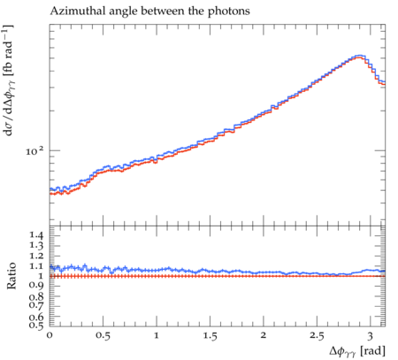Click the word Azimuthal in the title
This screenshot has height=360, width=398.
point(73,11)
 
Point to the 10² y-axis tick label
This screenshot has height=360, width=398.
point(34,151)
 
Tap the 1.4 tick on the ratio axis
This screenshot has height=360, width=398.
point(36,235)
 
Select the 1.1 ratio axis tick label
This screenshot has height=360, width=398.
point(36,266)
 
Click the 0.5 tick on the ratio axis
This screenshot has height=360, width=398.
point(36,325)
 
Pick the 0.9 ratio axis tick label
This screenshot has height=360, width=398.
point(36,285)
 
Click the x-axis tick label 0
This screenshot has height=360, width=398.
point(50,335)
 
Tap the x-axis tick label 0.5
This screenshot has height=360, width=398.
point(103,335)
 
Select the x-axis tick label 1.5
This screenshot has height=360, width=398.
point(210,335)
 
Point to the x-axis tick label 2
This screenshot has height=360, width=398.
point(264,335)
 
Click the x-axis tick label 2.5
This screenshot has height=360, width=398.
point(317,335)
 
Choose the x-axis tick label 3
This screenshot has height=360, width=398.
point(371,336)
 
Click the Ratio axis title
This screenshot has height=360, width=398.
point(11,275)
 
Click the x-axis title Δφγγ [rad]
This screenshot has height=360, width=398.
point(357,351)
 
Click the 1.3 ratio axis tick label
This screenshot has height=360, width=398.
point(36,245)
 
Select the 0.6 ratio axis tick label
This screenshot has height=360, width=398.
point(36,318)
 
